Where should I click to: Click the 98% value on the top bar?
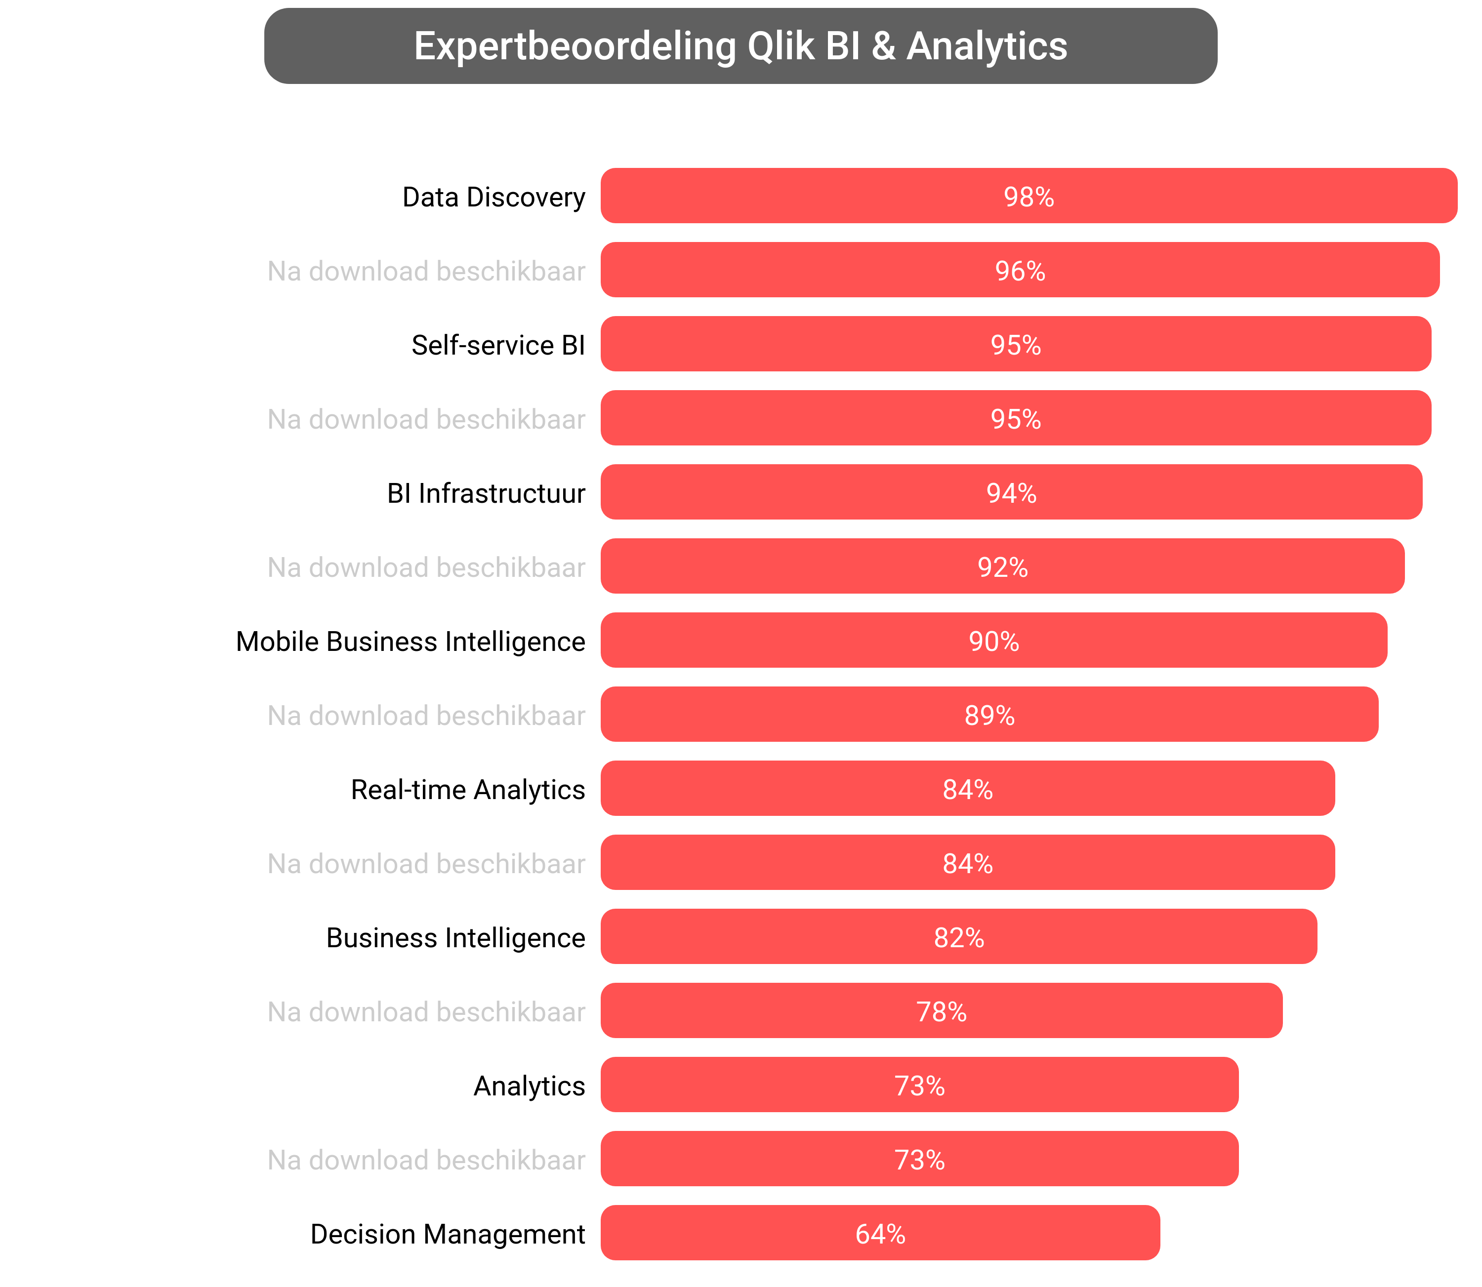(x=1028, y=197)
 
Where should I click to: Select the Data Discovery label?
(x=494, y=197)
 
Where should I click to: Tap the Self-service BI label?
(x=498, y=345)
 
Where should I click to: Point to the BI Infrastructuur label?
(x=486, y=493)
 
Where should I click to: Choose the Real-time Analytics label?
(x=468, y=789)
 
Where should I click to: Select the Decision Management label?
(x=448, y=1234)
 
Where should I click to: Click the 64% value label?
(x=880, y=1234)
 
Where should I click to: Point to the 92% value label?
(x=1002, y=567)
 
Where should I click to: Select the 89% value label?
(x=989, y=715)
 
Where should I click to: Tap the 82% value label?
(x=958, y=937)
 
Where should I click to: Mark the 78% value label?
(x=941, y=1012)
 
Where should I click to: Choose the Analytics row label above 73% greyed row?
(x=529, y=1086)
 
